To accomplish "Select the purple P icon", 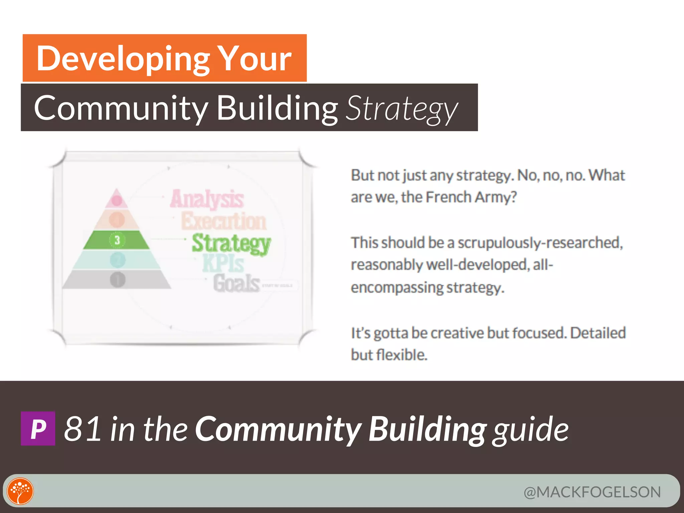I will [38, 429].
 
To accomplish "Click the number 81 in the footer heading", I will [83, 429].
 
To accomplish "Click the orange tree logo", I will [20, 491].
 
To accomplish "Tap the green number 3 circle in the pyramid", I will [117, 240].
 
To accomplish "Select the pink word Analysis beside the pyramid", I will [207, 199].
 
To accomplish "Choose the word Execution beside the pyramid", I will [224, 221].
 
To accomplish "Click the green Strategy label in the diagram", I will [231, 243].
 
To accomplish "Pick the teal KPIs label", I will [223, 264].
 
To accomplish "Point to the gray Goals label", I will [236, 283].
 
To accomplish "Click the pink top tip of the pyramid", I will [116, 199].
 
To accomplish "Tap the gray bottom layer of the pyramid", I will [117, 280].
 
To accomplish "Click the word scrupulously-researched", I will [540, 243].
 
